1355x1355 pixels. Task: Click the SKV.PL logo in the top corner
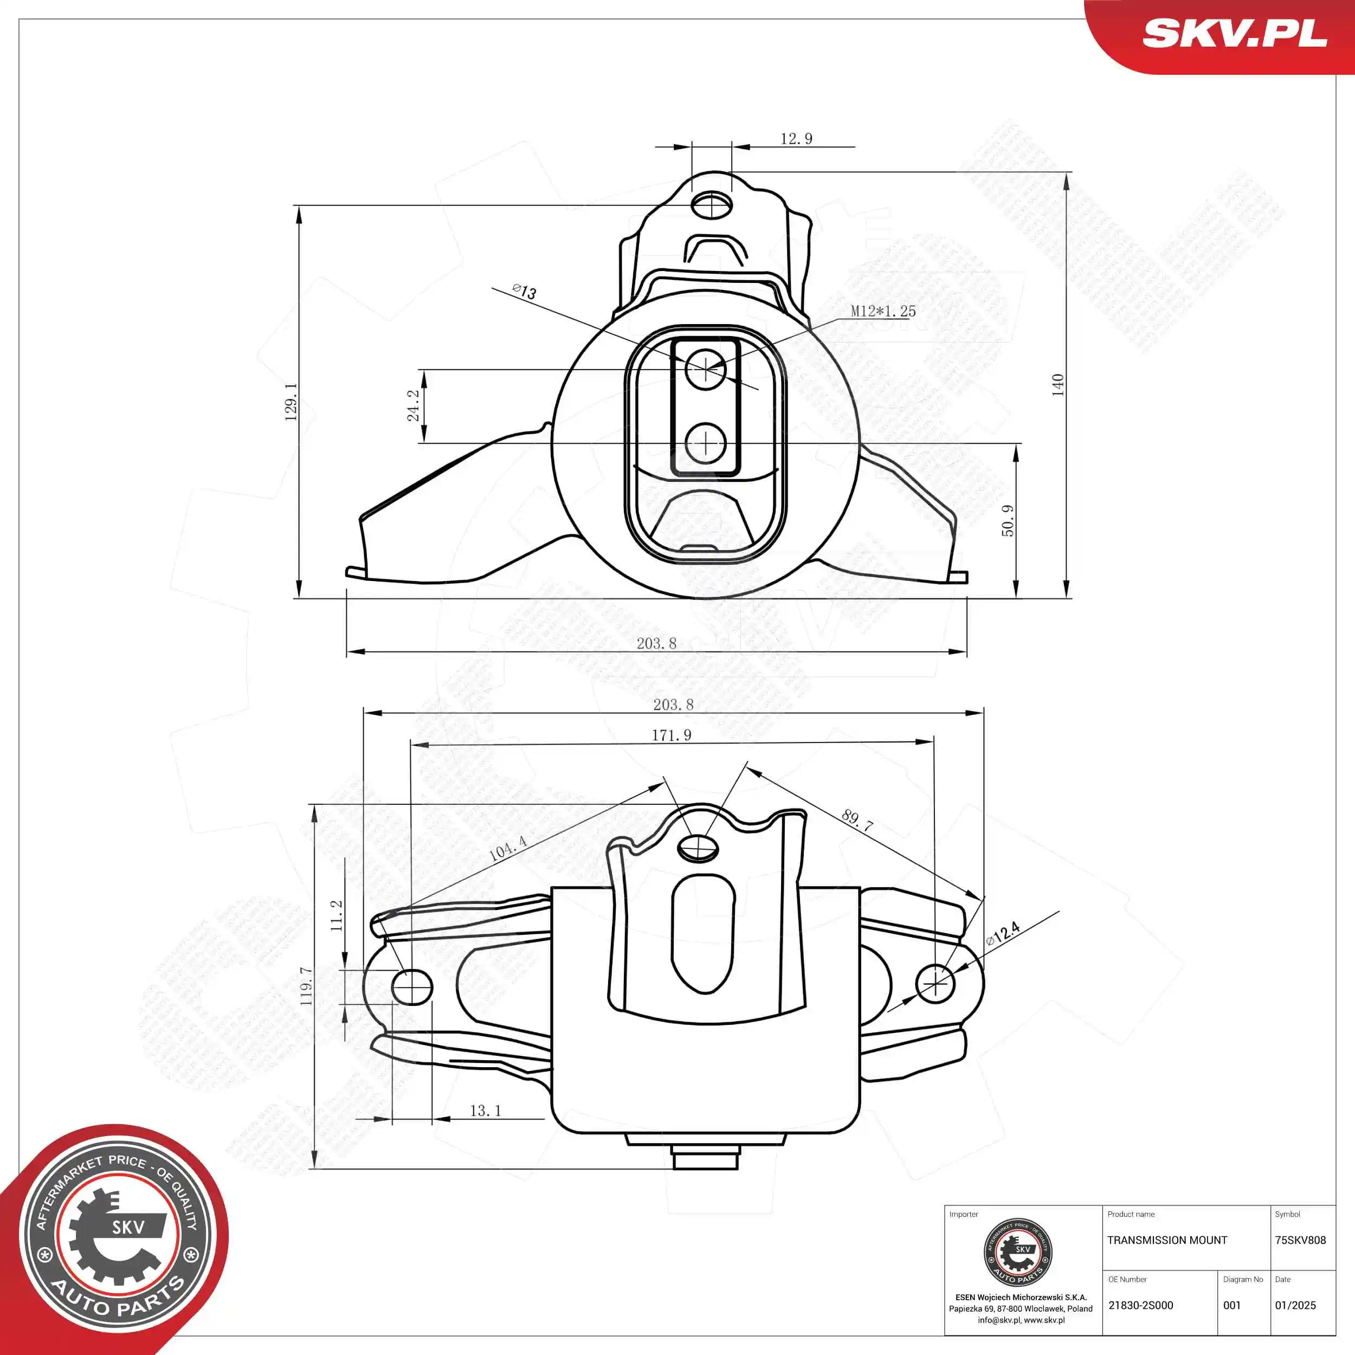(1234, 33)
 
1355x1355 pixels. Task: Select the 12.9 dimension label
(796, 139)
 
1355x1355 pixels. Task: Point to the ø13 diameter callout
(525, 291)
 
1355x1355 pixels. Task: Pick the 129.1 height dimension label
(291, 401)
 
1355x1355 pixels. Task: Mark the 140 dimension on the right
(1057, 385)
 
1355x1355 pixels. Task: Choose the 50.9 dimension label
(1007, 520)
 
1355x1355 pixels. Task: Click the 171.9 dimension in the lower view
(671, 735)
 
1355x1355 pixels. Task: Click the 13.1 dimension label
(485, 1110)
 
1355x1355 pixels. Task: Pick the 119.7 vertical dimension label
(306, 985)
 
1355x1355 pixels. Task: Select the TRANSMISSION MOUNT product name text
(1167, 1240)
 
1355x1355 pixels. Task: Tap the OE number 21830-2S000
(1140, 1305)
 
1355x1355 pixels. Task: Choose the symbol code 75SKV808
(1300, 1240)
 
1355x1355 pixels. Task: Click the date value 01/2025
(1295, 1305)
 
